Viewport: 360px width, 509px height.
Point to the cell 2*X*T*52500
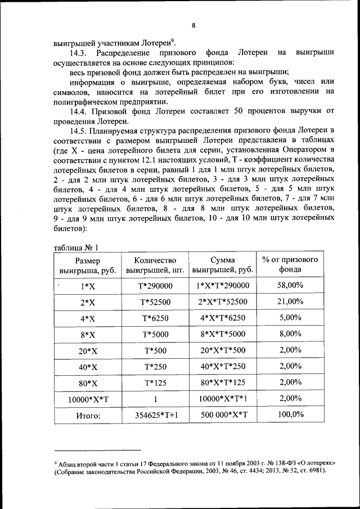pos(223,302)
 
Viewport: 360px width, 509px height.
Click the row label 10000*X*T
pos(87,400)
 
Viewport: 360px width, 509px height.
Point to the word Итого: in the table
pos(87,416)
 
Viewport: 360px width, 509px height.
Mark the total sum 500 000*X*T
pos(223,416)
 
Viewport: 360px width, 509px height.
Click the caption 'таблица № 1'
pos(76,248)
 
